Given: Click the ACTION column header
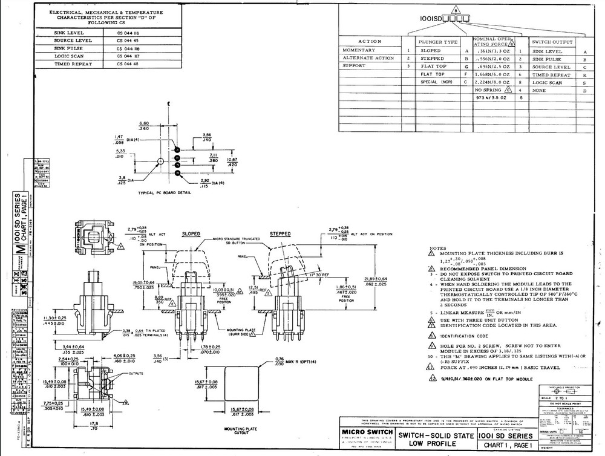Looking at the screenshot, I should click(370, 42).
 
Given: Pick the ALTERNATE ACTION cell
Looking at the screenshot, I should click(368, 58).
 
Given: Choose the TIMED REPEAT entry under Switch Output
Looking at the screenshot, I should click(551, 74).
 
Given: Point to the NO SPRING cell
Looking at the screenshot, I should click(489, 89).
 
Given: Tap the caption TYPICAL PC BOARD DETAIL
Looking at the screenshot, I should click(165, 192).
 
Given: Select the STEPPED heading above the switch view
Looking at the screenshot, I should click(280, 233).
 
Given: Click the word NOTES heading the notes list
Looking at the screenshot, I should click(437, 248).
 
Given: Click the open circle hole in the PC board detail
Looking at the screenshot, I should click(160, 161).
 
